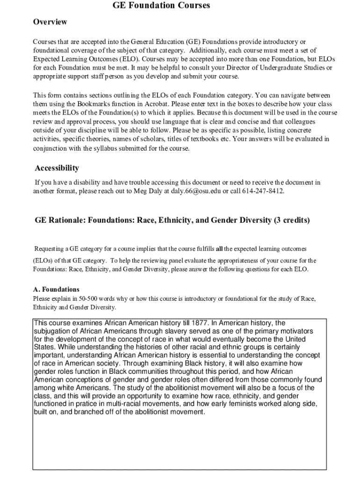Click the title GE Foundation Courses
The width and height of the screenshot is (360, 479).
(161, 6)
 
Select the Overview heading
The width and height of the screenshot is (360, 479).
(50, 22)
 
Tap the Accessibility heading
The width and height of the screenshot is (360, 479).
(57, 168)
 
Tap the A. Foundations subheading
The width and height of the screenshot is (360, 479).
(56, 289)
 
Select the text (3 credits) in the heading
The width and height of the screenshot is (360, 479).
(292, 220)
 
